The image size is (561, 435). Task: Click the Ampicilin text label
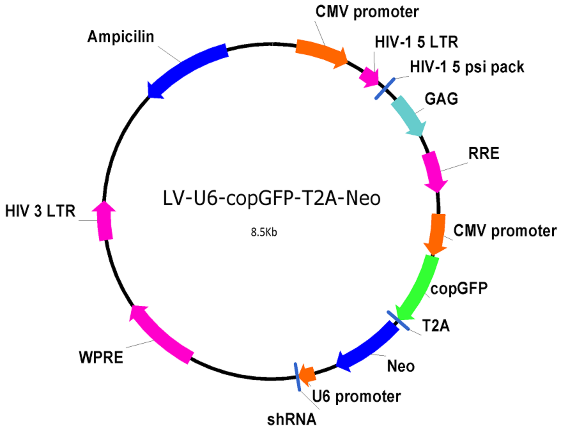click(120, 37)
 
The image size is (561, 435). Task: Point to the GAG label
click(441, 99)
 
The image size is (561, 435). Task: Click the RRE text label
click(484, 153)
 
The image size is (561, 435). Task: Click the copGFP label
click(459, 289)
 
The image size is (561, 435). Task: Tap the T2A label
click(436, 326)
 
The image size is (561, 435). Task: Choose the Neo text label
click(401, 366)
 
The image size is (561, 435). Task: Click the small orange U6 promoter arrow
click(308, 374)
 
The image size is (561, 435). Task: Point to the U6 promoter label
click(356, 397)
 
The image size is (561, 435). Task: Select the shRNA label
click(292, 419)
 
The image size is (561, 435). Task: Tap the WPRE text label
click(101, 357)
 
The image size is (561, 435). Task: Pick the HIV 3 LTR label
click(40, 211)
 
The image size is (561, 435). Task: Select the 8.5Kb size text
click(264, 232)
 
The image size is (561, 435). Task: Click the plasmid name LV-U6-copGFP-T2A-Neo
click(272, 198)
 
